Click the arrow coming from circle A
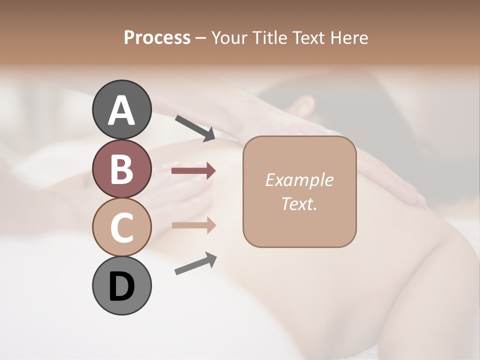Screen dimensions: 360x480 195,127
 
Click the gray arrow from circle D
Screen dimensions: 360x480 195,264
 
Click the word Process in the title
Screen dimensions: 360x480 157,38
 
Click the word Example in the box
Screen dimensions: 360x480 299,180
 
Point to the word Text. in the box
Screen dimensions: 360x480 299,203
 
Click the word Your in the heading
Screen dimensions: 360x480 230,38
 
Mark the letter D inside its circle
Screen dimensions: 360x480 121,287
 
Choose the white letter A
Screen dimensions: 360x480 121,111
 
